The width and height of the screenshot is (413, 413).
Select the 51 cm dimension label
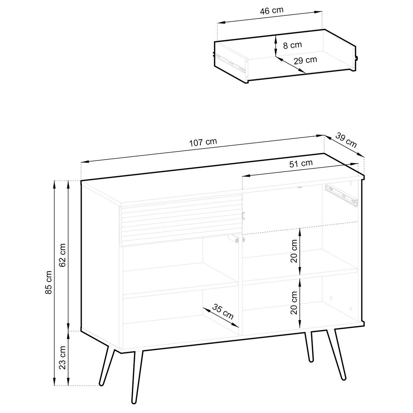[x=301, y=163]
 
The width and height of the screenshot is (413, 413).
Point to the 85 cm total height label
[x=49, y=283]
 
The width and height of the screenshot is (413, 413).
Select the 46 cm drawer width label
[x=272, y=10]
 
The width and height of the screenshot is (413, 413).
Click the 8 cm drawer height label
[x=293, y=45]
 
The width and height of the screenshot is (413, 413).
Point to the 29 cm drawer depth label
[x=305, y=60]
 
